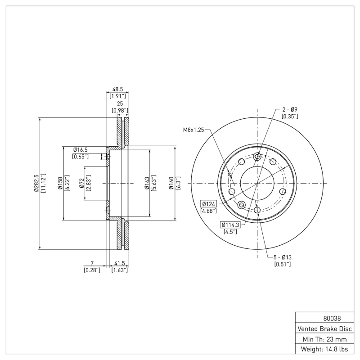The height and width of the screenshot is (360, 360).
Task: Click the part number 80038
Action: coord(332,319)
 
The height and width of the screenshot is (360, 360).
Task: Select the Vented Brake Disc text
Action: coord(324,329)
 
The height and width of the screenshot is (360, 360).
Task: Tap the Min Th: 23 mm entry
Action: coord(324,339)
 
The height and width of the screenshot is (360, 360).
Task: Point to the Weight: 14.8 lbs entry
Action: coord(324,349)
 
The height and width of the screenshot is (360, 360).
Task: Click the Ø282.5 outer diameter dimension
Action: coord(36,183)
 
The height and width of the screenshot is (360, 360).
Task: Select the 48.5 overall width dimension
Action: coord(117,89)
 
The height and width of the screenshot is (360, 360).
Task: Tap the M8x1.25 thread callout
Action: coord(193,130)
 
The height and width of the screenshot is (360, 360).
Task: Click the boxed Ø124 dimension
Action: coord(208,204)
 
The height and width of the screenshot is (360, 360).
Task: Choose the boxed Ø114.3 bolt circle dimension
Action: coord(230,225)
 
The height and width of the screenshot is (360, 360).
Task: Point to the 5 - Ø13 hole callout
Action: coord(283,257)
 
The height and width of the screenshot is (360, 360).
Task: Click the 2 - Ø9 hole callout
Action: coord(290,109)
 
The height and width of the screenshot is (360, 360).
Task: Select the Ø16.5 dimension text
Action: coord(81,150)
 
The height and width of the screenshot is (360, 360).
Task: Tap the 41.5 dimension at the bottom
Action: coord(119,263)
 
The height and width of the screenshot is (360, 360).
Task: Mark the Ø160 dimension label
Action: coord(171,183)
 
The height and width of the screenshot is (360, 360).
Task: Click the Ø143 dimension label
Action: coord(147,183)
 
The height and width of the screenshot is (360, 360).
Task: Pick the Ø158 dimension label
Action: coord(60,183)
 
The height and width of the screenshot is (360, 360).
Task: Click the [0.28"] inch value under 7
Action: coord(92,270)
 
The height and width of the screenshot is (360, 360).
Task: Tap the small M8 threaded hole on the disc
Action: coord(229,175)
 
